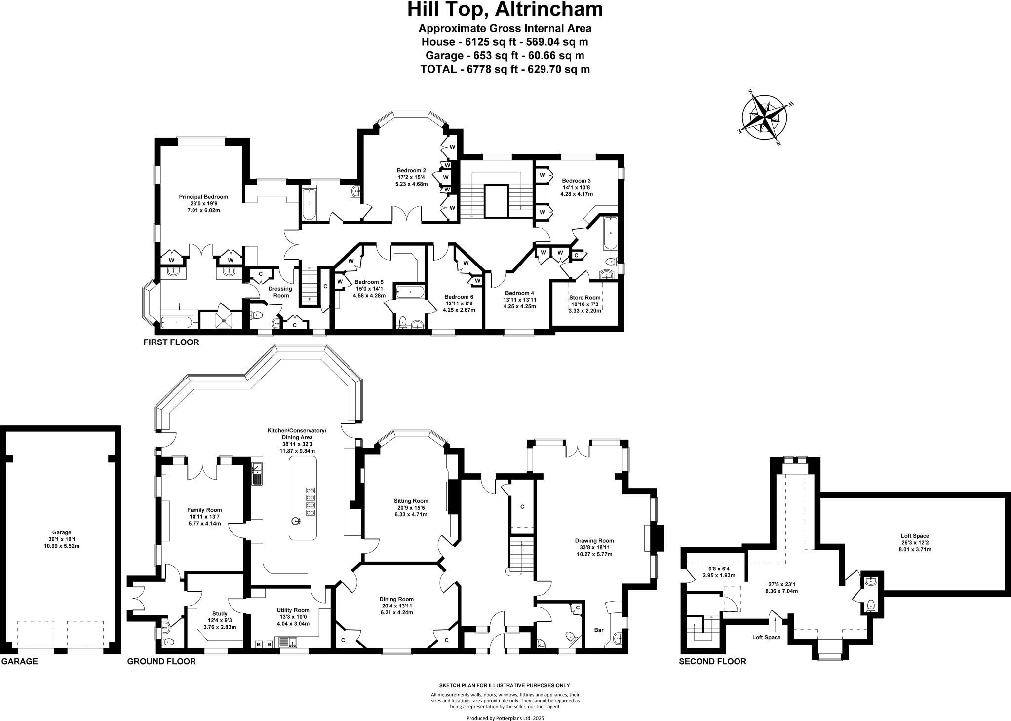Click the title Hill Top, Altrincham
[505, 9]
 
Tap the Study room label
[220, 613]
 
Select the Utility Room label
[293, 610]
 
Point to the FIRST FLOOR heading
[171, 342]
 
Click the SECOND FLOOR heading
[712, 661]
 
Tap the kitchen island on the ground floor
[303, 498]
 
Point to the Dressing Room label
[280, 292]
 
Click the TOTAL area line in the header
[505, 69]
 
